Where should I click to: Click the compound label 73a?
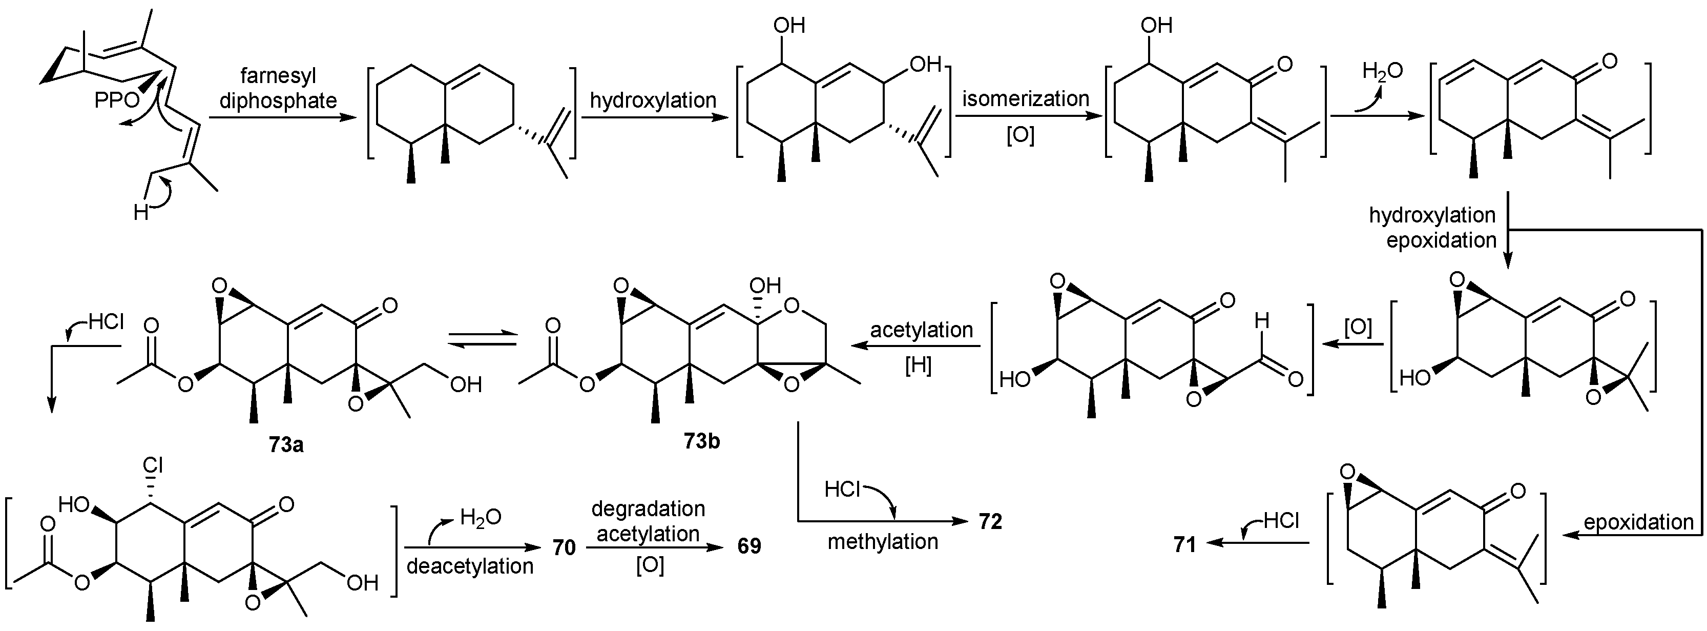point(286,444)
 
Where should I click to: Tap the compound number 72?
point(990,522)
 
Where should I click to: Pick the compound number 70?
point(564,547)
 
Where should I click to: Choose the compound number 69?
point(749,546)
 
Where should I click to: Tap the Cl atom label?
point(153,465)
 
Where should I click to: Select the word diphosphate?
point(278,101)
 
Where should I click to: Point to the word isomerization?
point(1025,99)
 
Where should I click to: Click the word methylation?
point(883,541)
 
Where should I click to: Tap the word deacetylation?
point(470,566)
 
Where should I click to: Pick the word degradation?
point(648,509)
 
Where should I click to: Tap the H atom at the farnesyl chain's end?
point(140,213)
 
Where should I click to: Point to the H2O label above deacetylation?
point(481,518)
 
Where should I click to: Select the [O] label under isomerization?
point(1020,135)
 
